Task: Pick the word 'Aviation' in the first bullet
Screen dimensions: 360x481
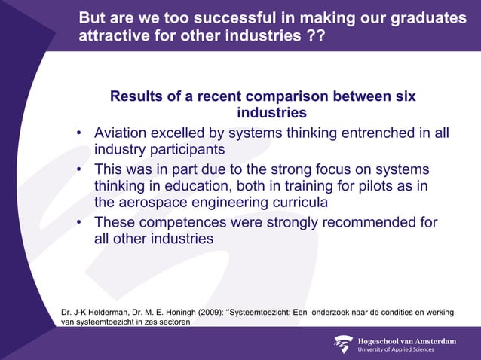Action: tap(121, 133)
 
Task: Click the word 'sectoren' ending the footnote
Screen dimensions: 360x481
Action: tap(173, 322)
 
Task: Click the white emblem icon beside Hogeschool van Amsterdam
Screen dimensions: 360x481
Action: tap(343, 344)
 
